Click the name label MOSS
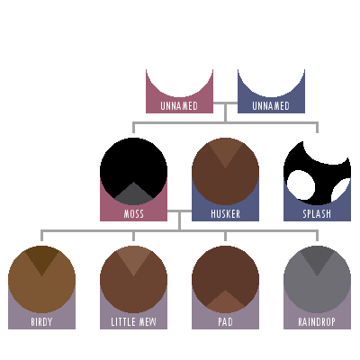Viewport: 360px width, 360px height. point(133,214)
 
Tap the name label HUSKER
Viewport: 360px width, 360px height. point(225,214)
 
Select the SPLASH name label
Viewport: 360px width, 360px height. point(317,214)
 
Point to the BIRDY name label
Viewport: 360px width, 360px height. point(41,322)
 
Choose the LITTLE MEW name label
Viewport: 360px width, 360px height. point(133,322)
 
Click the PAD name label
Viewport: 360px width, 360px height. point(225,322)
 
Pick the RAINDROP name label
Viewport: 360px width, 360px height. point(317,322)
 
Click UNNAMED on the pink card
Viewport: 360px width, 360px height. point(179,106)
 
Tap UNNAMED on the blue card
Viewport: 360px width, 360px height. point(271,106)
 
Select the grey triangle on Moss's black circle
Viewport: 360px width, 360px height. point(133,195)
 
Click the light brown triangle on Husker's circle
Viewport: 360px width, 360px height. point(225,151)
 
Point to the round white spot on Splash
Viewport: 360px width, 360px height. point(301,185)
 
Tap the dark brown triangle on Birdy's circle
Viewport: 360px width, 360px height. point(41,259)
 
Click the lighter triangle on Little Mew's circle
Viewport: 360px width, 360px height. point(133,259)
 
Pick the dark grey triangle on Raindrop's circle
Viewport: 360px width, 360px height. point(317,259)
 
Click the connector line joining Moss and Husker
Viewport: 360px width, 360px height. point(179,211)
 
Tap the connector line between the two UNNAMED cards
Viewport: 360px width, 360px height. point(225,103)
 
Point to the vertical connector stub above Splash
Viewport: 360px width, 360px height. point(317,127)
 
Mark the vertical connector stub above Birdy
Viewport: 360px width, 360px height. point(41,236)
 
